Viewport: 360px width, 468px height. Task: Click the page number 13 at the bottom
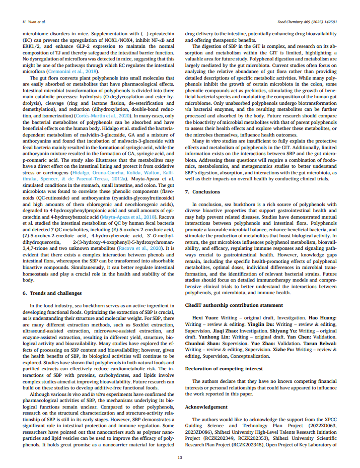180,457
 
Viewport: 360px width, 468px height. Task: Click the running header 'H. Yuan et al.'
33,22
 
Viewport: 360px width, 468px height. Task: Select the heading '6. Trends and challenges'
52,293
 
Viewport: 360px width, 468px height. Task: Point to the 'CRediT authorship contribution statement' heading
234,305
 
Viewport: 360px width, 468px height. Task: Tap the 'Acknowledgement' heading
206,407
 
